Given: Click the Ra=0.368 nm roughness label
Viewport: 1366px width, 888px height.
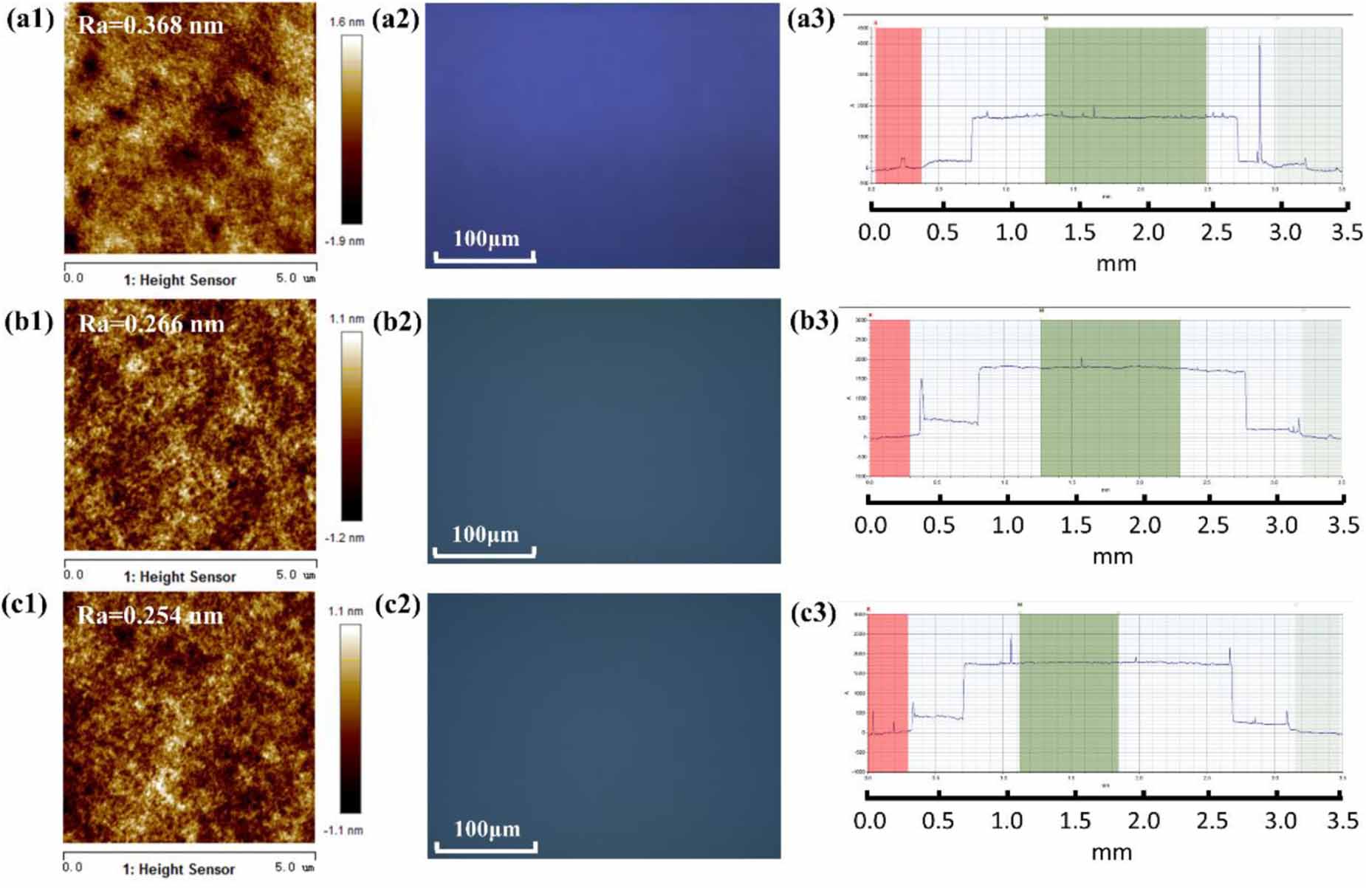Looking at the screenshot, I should click(151, 25).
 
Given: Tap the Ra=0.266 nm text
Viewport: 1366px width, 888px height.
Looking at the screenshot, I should click(151, 323).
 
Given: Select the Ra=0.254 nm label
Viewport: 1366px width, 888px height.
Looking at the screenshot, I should click(150, 615).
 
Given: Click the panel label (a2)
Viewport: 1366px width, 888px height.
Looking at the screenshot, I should click(396, 18).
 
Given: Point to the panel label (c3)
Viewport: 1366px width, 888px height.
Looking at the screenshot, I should click(812, 613).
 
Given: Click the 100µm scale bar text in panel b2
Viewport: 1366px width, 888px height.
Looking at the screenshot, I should click(485, 534).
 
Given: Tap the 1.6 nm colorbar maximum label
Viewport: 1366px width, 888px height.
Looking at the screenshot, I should click(346, 22).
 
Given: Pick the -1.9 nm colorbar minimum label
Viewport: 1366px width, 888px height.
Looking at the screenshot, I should click(345, 241).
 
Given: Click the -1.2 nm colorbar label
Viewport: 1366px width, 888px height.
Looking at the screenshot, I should click(345, 538).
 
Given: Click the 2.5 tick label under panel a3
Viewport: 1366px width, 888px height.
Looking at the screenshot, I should click(1216, 233).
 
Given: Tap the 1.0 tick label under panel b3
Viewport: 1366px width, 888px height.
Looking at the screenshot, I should click(1007, 526).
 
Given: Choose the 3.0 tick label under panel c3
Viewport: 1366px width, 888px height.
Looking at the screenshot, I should click(1280, 821).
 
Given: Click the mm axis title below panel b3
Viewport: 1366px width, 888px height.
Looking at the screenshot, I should click(1112, 557).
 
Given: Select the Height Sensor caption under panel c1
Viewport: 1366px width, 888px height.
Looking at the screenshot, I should click(179, 870).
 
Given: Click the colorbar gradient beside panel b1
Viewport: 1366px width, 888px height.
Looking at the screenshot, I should click(352, 426).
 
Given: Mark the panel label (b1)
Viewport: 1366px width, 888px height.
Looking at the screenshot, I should click(28, 323).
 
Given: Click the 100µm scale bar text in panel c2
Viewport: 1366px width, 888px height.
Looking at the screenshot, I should click(487, 829).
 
